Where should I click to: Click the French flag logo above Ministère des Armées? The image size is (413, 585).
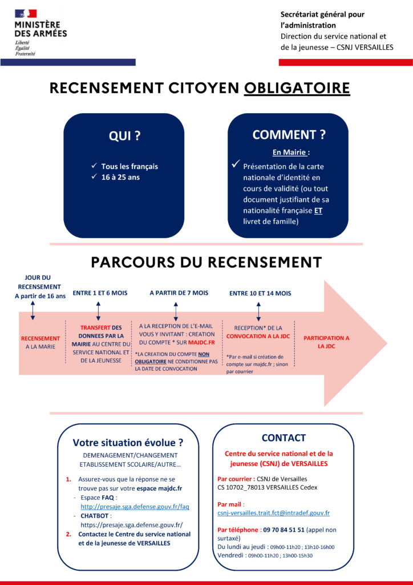point(26,14)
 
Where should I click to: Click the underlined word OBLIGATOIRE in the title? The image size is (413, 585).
point(297,88)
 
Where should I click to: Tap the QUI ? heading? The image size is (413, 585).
point(124,136)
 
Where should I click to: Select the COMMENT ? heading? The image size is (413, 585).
point(289,135)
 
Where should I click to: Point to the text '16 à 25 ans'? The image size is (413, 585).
point(120,177)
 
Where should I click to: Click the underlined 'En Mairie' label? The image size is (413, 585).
point(290,152)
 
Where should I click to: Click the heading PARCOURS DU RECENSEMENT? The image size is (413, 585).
point(206,262)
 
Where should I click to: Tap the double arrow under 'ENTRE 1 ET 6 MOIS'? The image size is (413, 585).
point(98,311)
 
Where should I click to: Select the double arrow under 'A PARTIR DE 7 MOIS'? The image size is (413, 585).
point(176,311)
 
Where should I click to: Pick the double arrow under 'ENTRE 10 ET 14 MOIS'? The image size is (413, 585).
point(258,311)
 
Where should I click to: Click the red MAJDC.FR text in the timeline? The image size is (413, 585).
point(201,343)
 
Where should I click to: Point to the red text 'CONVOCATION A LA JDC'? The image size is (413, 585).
point(258,336)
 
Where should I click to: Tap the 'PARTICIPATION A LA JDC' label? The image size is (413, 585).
point(326,342)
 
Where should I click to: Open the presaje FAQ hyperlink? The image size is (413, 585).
point(135,507)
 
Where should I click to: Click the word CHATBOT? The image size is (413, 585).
point(95,516)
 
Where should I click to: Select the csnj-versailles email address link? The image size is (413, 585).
point(274,513)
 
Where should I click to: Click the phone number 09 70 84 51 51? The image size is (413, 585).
point(284,530)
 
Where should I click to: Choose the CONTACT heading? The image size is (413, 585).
point(284,438)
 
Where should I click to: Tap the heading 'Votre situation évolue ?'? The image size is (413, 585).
point(128,443)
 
